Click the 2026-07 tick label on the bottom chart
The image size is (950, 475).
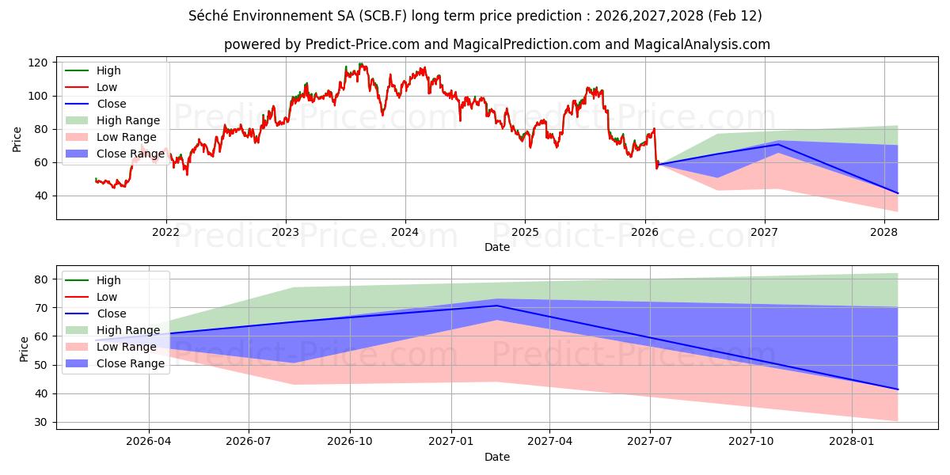click(x=249, y=442)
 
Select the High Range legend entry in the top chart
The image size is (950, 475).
click(x=127, y=120)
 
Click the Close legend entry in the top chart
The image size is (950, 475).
click(x=111, y=104)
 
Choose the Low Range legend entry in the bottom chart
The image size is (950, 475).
click(x=126, y=347)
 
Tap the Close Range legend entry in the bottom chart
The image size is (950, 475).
click(x=130, y=363)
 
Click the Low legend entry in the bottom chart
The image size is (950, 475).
click(x=107, y=297)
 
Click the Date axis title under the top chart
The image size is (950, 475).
click(x=497, y=247)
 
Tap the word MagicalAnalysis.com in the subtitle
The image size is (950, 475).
click(x=701, y=44)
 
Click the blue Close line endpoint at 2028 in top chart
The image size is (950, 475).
click(x=898, y=193)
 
